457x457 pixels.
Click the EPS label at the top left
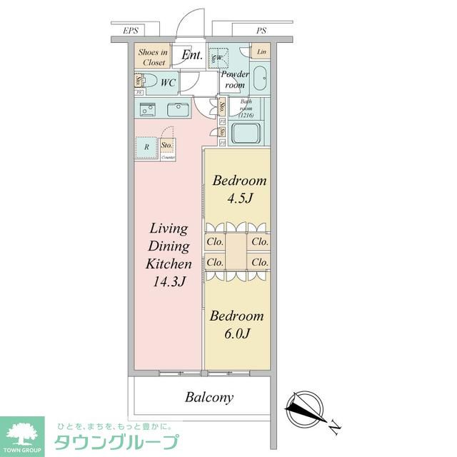(x=130, y=31)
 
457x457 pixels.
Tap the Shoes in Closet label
(x=152, y=57)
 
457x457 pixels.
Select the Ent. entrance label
(x=191, y=55)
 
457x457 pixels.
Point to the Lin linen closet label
(x=261, y=53)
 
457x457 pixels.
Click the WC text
(x=168, y=83)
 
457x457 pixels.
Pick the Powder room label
(x=234, y=79)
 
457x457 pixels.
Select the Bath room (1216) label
(x=246, y=107)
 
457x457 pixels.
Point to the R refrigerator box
(x=146, y=147)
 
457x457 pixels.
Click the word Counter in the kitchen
(x=168, y=157)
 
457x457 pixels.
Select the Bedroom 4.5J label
(x=239, y=189)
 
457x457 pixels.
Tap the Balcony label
(x=209, y=397)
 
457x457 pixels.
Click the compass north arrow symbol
(x=305, y=410)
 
